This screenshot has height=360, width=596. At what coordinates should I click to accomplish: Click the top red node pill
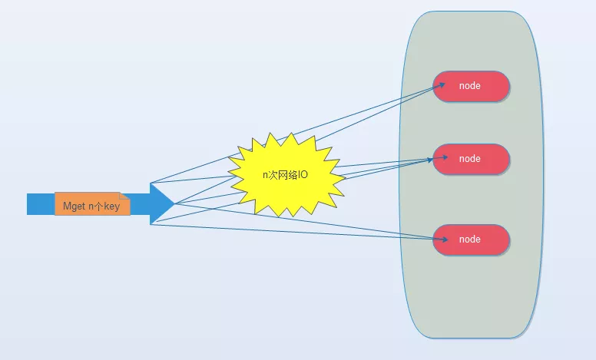472,86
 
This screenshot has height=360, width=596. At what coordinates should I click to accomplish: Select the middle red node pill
472,159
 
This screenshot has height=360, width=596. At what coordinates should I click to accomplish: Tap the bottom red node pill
472,239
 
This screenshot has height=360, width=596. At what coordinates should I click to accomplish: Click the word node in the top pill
470,86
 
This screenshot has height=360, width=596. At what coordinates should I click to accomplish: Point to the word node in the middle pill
470,159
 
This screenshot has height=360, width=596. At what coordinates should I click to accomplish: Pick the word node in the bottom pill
470,239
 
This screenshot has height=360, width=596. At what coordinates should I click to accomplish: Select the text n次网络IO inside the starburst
285,175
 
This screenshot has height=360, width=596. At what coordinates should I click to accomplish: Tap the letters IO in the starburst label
303,175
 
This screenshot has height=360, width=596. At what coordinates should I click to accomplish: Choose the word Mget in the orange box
74,206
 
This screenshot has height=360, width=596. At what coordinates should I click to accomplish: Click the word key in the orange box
112,206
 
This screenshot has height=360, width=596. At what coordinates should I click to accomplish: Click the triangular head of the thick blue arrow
161,203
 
